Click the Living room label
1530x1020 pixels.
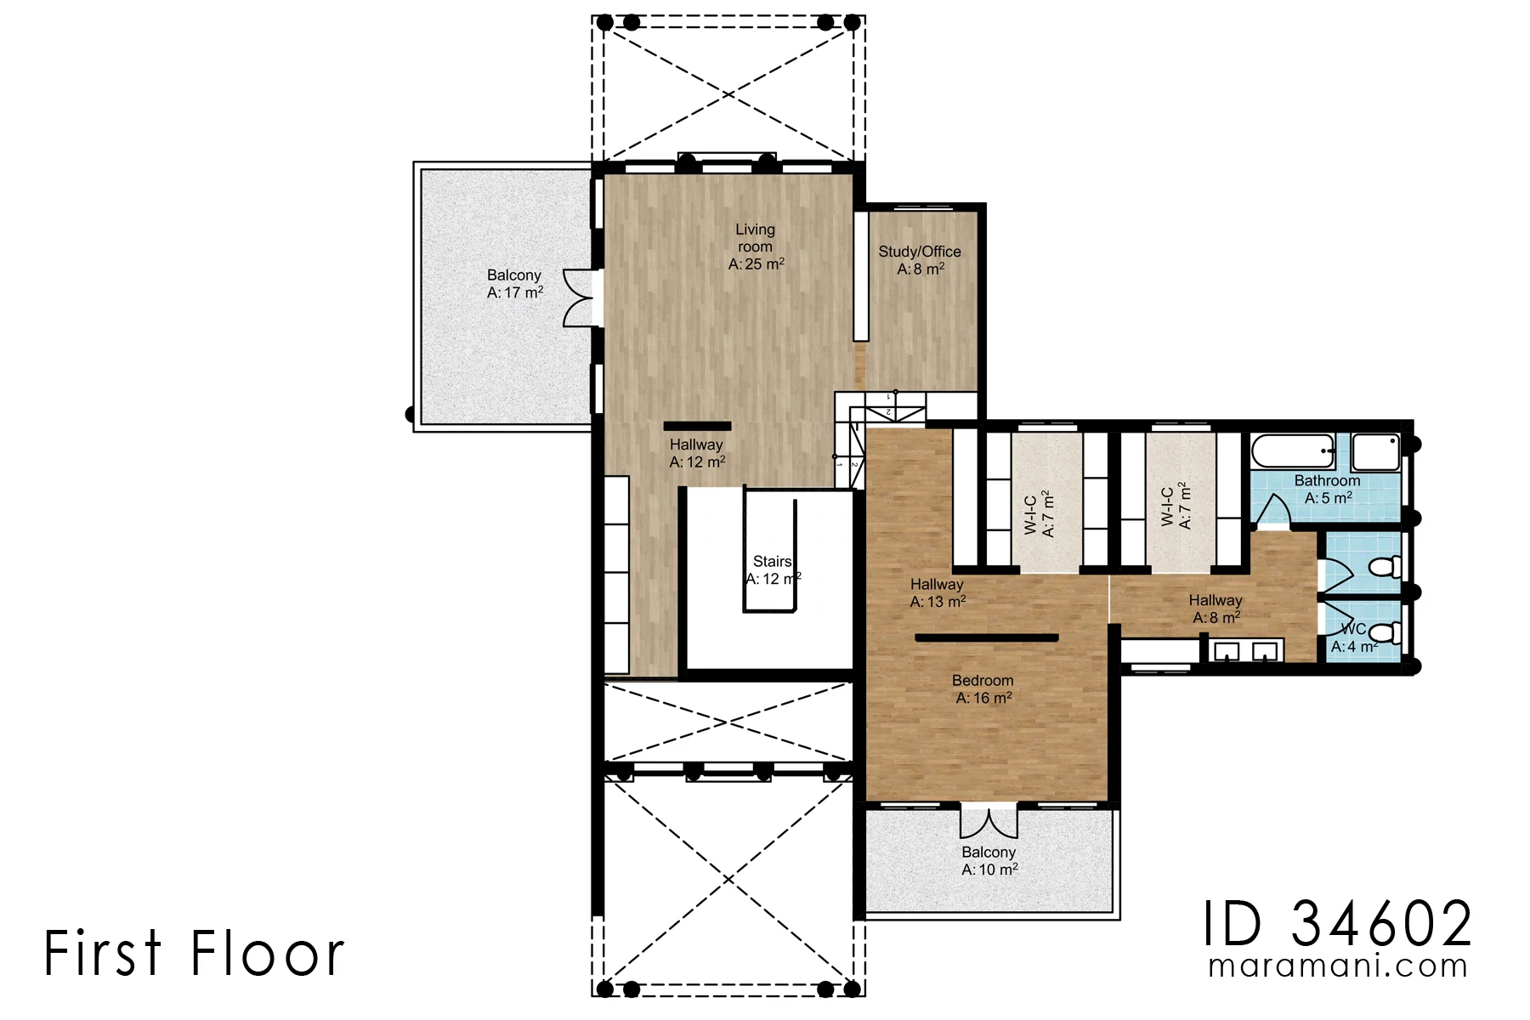click(x=756, y=246)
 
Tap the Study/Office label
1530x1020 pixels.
click(x=920, y=260)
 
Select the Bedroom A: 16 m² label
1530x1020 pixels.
click(x=983, y=689)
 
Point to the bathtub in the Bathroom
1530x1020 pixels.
click(x=1293, y=451)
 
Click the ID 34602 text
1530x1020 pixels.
click(x=1337, y=924)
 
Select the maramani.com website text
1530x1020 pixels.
click(x=1338, y=966)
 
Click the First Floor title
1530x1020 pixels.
click(x=194, y=953)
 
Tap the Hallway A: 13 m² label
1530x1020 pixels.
click(x=938, y=593)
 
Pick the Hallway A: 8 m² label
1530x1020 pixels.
click(x=1215, y=609)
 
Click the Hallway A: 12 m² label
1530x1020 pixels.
click(x=697, y=453)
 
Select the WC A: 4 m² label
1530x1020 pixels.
click(x=1354, y=638)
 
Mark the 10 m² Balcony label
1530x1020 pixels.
click(x=989, y=861)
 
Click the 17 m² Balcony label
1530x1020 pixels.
click(x=514, y=284)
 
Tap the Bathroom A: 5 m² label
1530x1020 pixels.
click(x=1328, y=490)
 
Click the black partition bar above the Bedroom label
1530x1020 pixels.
click(x=987, y=637)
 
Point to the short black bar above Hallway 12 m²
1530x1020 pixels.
click(x=697, y=426)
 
